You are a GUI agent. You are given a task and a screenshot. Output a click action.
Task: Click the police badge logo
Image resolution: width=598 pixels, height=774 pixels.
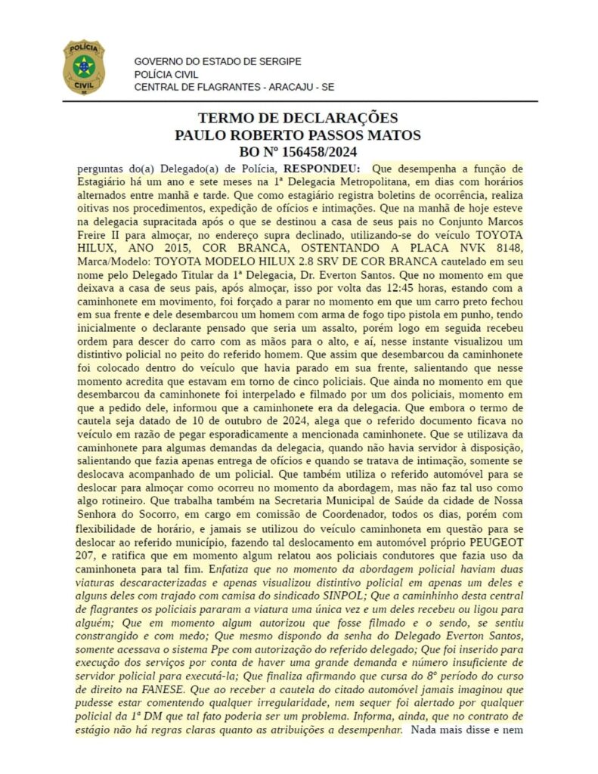click(83, 67)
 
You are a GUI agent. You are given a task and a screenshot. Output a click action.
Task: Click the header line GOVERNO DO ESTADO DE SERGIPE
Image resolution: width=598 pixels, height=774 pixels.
click(218, 60)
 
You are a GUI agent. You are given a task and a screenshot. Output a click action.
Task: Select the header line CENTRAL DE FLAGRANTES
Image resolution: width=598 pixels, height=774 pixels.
click(234, 87)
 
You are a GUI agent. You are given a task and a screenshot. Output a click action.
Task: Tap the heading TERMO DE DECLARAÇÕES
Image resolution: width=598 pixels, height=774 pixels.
click(298, 119)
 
